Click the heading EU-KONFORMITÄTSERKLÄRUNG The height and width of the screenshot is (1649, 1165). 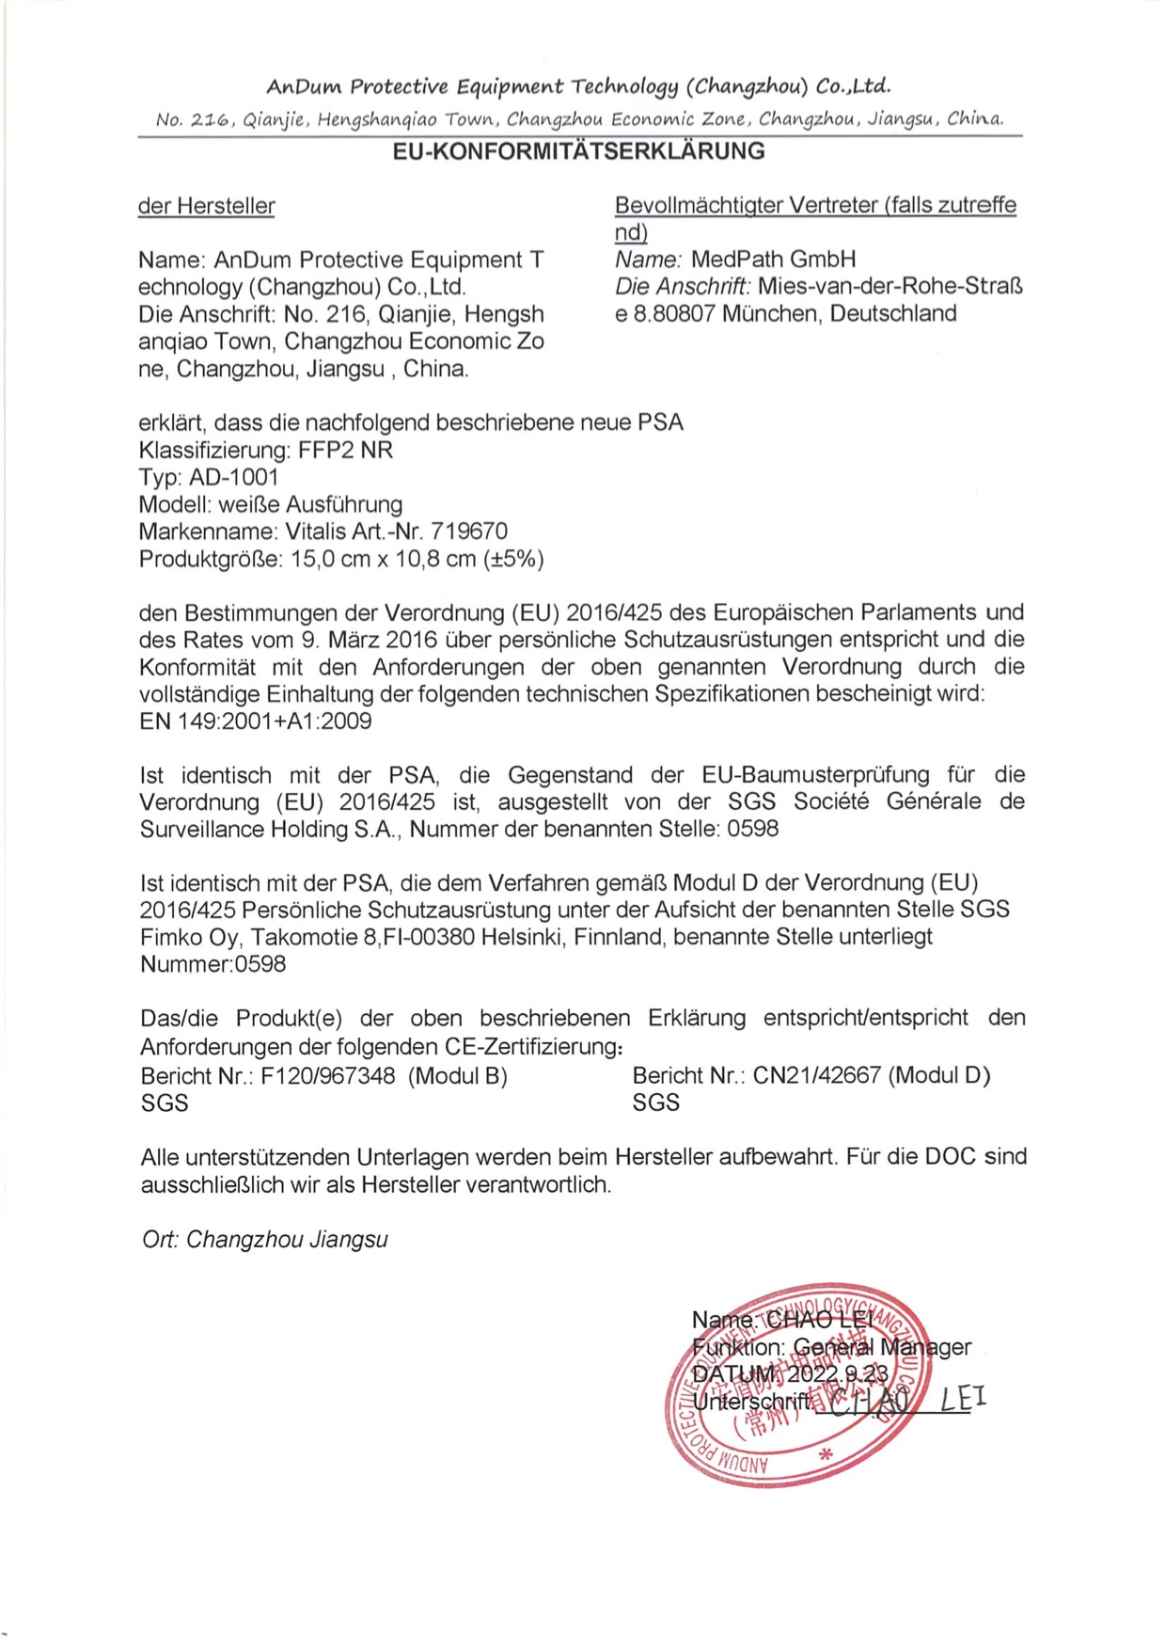[578, 151]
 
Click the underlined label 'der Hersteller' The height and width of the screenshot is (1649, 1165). [206, 206]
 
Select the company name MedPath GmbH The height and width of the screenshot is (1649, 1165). [773, 260]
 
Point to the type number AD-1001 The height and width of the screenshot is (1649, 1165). [234, 478]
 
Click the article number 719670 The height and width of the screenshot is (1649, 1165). [469, 532]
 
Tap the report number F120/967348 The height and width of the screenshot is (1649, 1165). [328, 1076]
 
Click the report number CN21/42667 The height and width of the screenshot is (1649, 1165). [817, 1076]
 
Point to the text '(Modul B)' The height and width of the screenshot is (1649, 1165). [458, 1076]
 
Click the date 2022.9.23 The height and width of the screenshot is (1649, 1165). [837, 1374]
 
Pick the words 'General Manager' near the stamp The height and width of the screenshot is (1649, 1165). [882, 1347]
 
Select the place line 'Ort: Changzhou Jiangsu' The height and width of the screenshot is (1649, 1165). [264, 1240]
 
